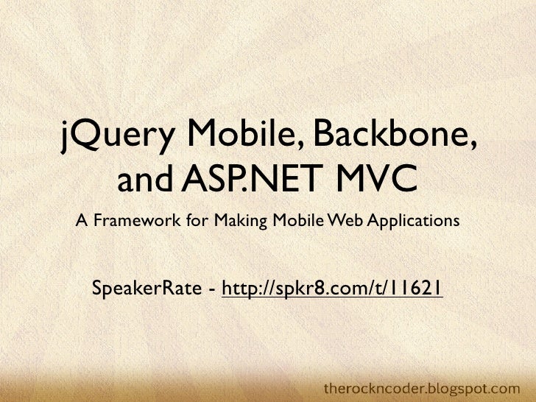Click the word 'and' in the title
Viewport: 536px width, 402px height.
[x=144, y=179]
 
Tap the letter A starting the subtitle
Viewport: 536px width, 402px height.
[x=82, y=220]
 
